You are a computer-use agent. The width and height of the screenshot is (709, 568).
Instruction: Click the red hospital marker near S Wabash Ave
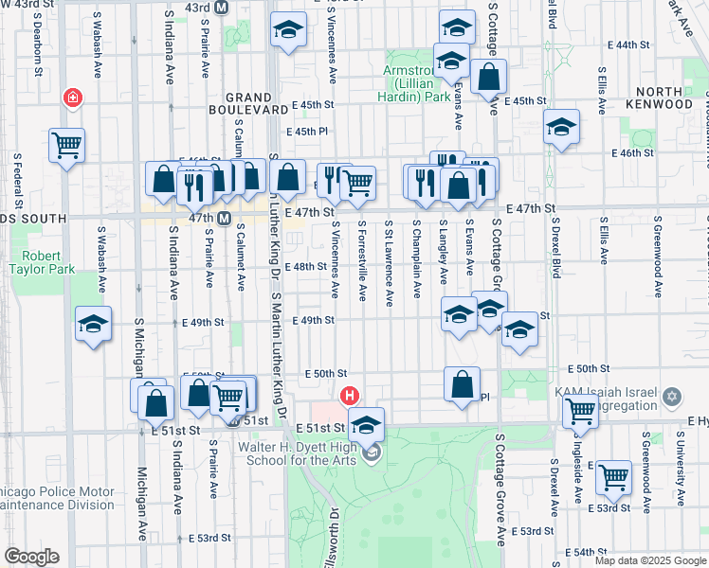72,98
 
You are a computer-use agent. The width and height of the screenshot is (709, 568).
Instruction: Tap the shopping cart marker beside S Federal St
67,146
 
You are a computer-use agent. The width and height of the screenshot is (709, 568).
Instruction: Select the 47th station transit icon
224,219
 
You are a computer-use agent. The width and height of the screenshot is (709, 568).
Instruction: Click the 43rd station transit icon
222,8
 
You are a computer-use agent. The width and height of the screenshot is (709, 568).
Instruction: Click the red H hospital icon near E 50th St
350,396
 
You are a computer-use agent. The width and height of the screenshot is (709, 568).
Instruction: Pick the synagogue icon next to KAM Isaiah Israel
672,396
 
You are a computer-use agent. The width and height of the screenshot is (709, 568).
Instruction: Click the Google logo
31,556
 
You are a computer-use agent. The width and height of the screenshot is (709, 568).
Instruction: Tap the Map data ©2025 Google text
650,560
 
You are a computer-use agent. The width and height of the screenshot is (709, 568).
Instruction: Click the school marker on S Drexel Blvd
561,127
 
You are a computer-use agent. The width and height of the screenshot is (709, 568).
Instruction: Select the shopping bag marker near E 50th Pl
462,384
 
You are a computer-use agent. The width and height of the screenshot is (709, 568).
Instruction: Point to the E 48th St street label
309,267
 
